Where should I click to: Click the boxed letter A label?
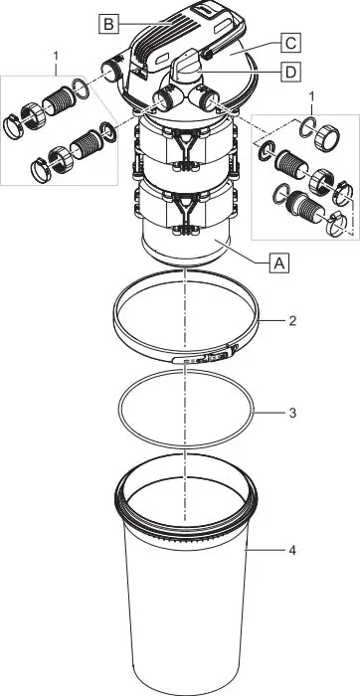click(x=280, y=262)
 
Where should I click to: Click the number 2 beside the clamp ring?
click(x=291, y=321)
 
